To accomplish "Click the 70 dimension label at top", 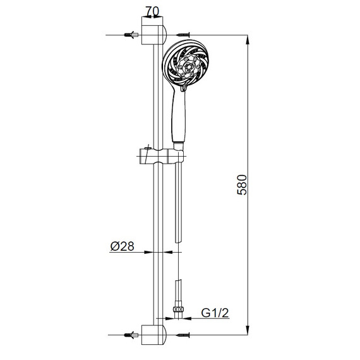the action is pos(152,11).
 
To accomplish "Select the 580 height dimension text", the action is pos(242,185).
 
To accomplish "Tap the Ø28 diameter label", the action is pos(122,246).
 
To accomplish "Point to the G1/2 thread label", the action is pos(215,313).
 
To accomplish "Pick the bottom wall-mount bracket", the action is pos(153,335).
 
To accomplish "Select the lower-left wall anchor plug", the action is pos(131,335).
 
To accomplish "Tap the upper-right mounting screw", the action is pos(183,35).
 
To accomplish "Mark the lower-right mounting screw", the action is pos(183,335).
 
